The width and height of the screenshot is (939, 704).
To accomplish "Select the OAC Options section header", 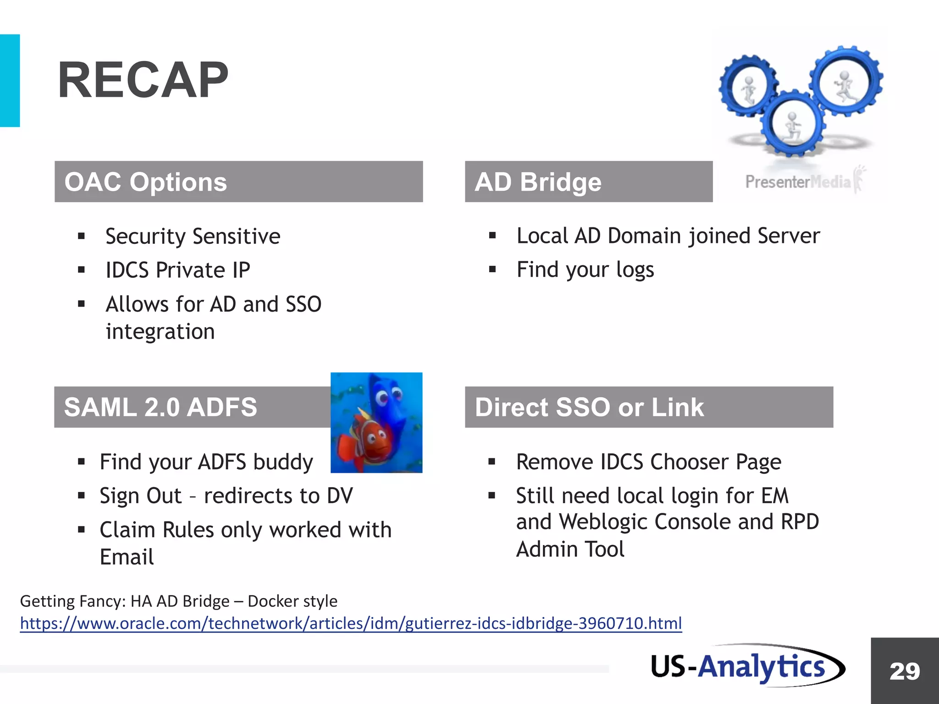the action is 146,182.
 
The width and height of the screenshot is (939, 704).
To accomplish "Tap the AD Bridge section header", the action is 538,182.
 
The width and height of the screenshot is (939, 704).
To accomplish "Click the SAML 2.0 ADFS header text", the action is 160,407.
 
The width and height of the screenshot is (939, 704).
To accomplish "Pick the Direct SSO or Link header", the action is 589,407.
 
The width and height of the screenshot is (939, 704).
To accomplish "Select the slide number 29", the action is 905,671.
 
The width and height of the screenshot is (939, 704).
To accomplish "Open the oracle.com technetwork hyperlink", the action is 351,623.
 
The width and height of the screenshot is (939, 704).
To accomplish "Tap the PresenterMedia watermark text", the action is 798,182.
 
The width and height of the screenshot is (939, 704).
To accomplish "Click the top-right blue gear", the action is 846,82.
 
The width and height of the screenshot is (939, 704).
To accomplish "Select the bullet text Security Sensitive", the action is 193,236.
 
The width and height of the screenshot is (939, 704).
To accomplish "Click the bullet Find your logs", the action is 585,269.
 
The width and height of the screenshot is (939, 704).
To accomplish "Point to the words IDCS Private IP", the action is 178,270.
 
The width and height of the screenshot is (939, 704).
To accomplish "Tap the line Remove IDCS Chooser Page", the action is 648,462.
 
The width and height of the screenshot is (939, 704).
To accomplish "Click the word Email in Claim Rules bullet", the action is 127,557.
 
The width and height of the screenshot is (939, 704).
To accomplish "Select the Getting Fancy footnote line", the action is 178,601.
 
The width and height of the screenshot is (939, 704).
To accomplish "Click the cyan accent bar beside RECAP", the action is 10,80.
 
